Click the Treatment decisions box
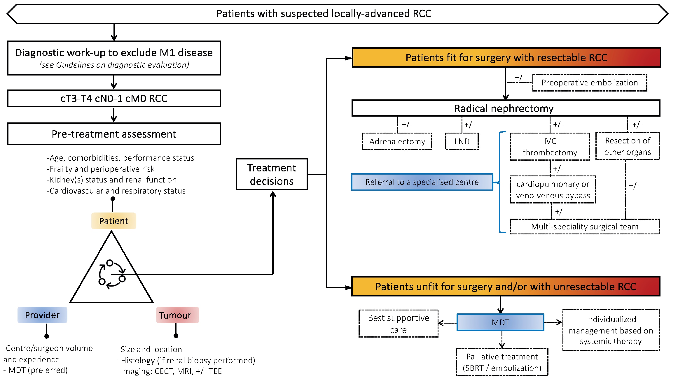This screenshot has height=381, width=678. pyautogui.click(x=272, y=174)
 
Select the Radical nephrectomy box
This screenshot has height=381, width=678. pyautogui.click(x=506, y=108)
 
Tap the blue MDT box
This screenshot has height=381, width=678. pyautogui.click(x=500, y=322)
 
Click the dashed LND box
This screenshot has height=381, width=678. pyautogui.click(x=462, y=142)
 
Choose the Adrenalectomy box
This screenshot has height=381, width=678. pyautogui.click(x=397, y=142)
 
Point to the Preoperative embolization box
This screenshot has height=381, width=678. pyautogui.click(x=590, y=83)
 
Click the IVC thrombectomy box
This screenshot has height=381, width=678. pyautogui.click(x=550, y=147)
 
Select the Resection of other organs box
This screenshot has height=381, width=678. pyautogui.click(x=627, y=146)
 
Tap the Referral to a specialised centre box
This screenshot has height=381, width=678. pyautogui.click(x=422, y=182)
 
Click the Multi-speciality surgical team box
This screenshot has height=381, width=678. pyautogui.click(x=585, y=227)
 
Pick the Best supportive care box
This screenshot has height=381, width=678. pyautogui.click(x=398, y=324)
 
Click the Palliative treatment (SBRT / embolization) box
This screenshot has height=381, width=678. pyautogui.click(x=502, y=362)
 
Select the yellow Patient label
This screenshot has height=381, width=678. pyautogui.click(x=113, y=221)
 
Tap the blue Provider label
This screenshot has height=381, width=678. pyautogui.click(x=42, y=315)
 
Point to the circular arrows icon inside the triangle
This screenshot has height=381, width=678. pyautogui.click(x=112, y=274)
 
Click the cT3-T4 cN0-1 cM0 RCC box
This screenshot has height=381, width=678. pyautogui.click(x=114, y=99)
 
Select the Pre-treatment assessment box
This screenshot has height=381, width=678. pyautogui.click(x=114, y=134)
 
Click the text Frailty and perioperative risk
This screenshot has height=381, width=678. pyautogui.click(x=101, y=169)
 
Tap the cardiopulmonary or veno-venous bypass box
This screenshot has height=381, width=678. pyautogui.click(x=553, y=190)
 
